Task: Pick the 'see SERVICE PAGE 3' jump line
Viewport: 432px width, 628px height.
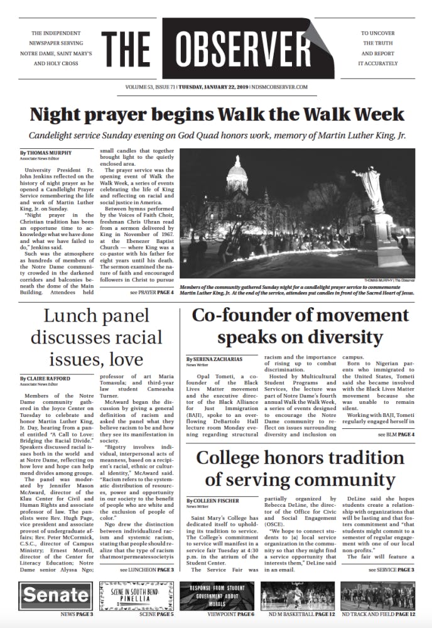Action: pyautogui.click(x=391, y=569)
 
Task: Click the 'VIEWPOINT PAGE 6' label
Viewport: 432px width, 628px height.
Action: pyautogui.click(x=230, y=614)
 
